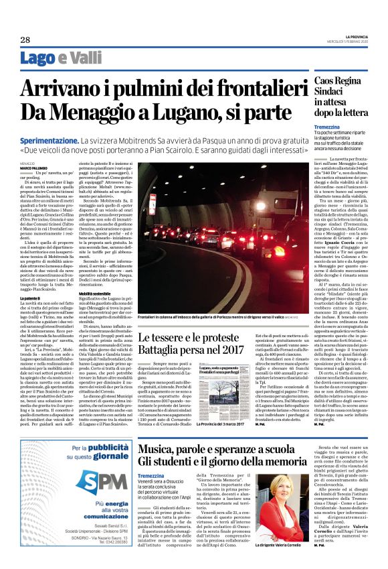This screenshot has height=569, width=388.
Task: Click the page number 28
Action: [x=25, y=40]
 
